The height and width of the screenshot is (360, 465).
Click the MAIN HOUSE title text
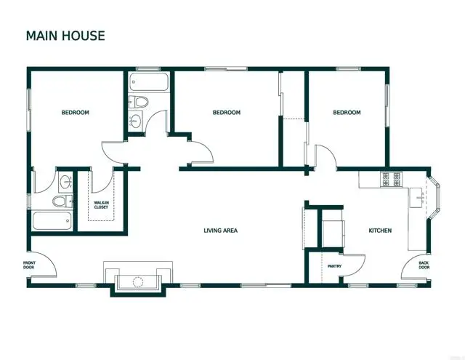pos(65,35)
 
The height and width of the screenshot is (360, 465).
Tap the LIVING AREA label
pos(220,231)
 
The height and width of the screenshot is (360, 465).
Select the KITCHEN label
pos(380,231)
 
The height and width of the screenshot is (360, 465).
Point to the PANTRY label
pos(334,266)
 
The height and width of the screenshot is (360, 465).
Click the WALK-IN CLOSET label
pos(101,205)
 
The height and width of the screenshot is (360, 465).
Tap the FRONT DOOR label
pos(28,265)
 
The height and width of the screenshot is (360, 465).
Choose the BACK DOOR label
pos(424,265)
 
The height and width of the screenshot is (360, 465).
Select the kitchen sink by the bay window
pos(419,196)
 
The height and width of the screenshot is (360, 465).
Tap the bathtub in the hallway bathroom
pos(149,81)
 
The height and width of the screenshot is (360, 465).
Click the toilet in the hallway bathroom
pos(140,101)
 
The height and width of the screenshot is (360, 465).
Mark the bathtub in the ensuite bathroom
pos(52,220)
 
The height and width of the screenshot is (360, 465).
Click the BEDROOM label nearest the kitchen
pos(347,113)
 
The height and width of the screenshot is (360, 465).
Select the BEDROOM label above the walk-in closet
pos(75,113)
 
